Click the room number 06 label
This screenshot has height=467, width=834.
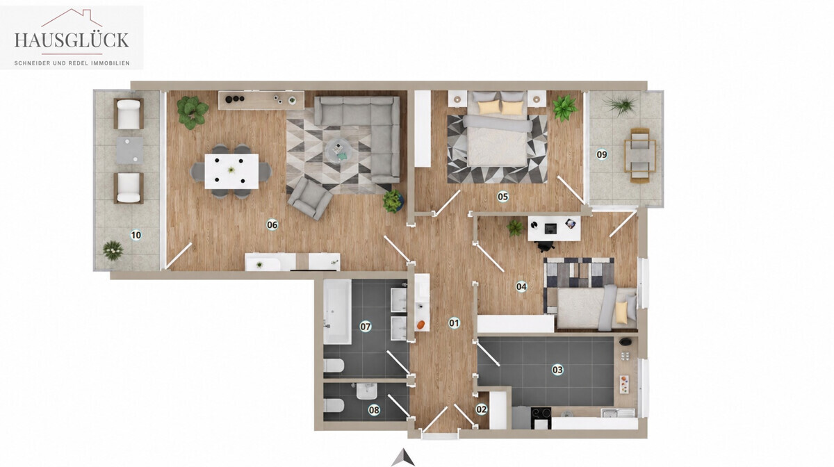pyautogui.click(x=272, y=224)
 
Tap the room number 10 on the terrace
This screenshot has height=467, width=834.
pyautogui.click(x=136, y=235)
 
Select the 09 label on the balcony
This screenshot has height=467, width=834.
pyautogui.click(x=602, y=154)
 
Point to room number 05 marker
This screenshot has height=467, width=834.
pyautogui.click(x=502, y=196)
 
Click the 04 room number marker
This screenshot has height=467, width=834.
pyautogui.click(x=521, y=286)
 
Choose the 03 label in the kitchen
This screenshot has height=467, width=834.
pyautogui.click(x=557, y=370)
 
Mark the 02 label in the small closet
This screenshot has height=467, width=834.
pyautogui.click(x=482, y=409)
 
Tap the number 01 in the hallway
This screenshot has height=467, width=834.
pyautogui.click(x=454, y=323)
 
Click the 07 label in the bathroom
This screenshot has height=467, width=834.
pyautogui.click(x=366, y=327)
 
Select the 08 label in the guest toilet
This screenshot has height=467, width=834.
pyautogui.click(x=374, y=411)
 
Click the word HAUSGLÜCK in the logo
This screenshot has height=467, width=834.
pyautogui.click(x=72, y=40)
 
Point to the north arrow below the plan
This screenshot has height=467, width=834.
pyautogui.click(x=403, y=457)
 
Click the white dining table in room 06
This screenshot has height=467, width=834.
pyautogui.click(x=231, y=172)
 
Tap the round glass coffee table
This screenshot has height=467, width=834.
pyautogui.click(x=338, y=151)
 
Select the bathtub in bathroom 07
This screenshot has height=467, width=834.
pyautogui.click(x=337, y=312)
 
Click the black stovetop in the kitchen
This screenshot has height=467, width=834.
pyautogui.click(x=541, y=414)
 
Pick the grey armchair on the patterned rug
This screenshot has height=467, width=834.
pyautogui.click(x=310, y=198)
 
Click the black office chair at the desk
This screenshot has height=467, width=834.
pyautogui.click(x=546, y=246)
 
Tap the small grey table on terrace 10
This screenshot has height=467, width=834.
pyautogui.click(x=129, y=150)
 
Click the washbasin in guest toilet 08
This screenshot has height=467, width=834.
pyautogui.click(x=367, y=391)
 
